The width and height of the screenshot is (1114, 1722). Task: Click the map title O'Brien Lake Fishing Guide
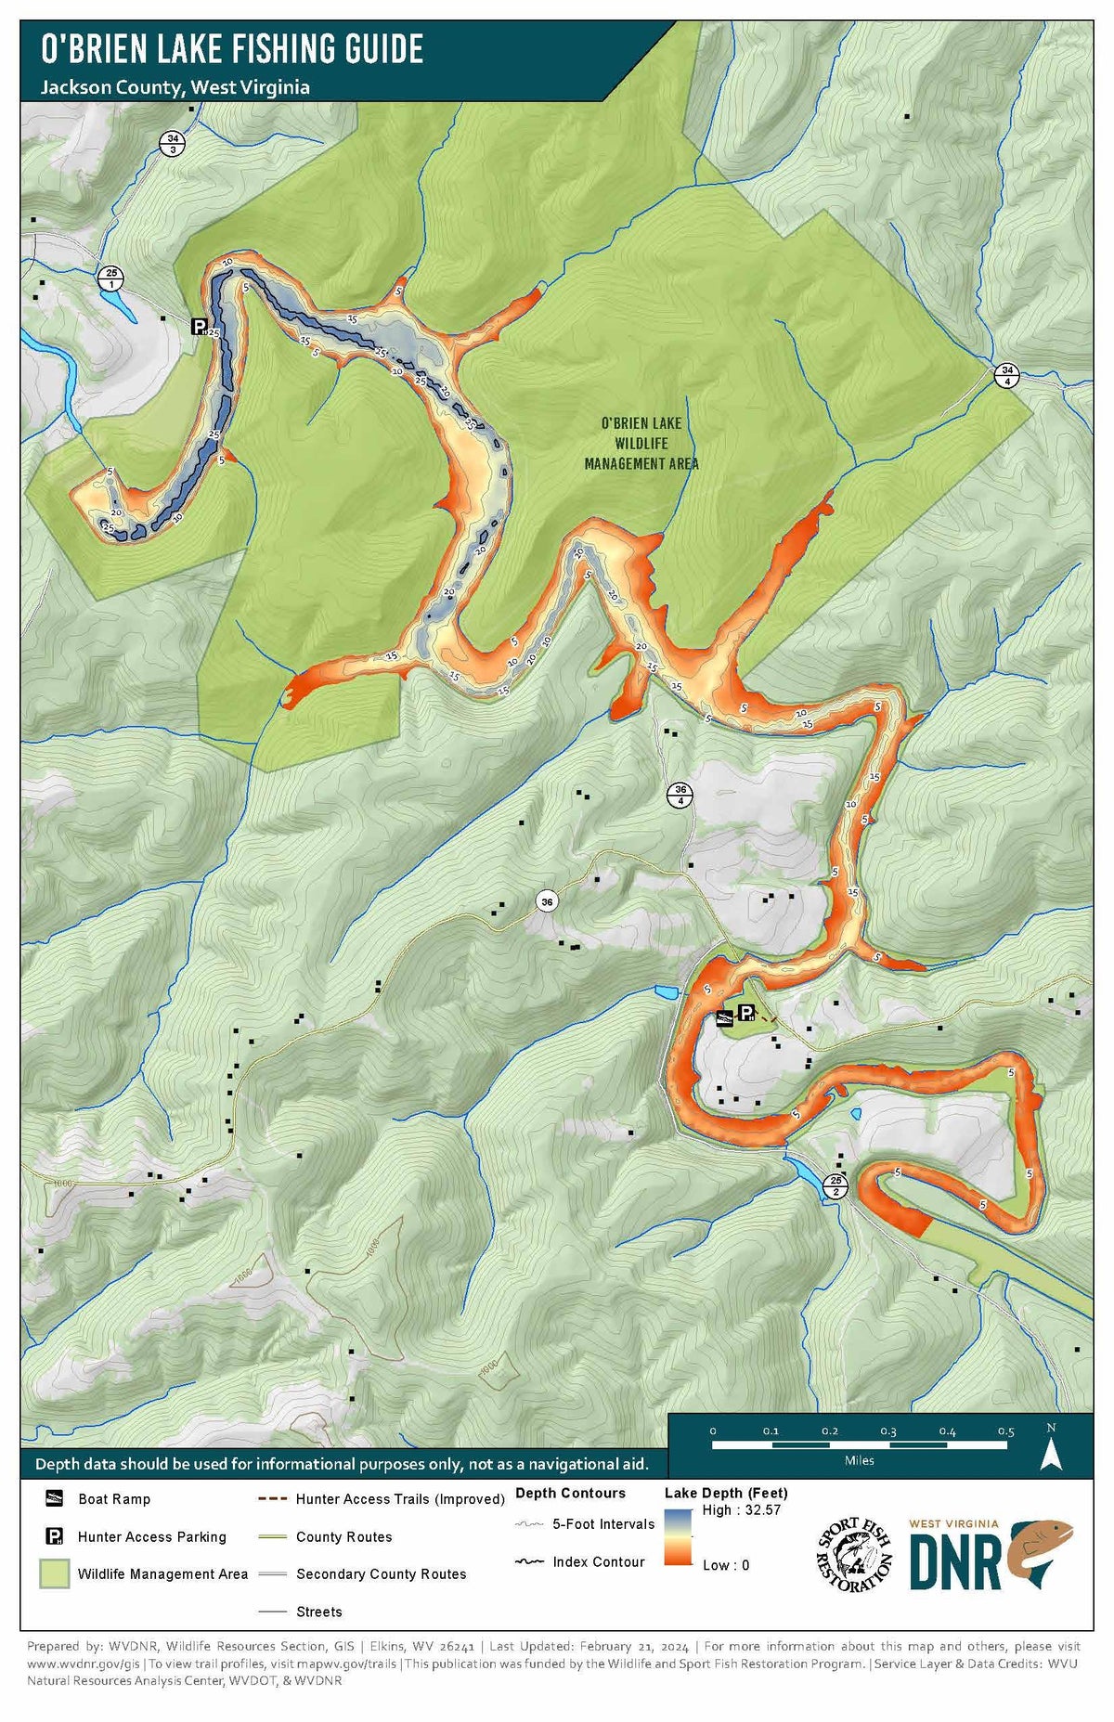click(232, 48)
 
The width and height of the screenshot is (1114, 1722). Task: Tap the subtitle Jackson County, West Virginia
click(175, 87)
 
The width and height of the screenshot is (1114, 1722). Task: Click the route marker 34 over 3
click(173, 144)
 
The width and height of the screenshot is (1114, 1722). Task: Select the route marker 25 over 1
click(111, 278)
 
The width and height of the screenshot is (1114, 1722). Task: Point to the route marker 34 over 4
click(1007, 375)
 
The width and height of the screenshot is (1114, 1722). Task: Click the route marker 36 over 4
click(680, 796)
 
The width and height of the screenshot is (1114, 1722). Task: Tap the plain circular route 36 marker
click(547, 901)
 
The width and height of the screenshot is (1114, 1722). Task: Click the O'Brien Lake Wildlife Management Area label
click(641, 443)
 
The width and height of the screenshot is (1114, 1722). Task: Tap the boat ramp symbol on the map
click(724, 1018)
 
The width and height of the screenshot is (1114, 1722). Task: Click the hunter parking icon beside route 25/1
click(199, 326)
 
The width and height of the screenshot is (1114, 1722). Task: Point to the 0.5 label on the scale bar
click(1005, 1431)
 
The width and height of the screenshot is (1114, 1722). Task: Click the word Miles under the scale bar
click(859, 1460)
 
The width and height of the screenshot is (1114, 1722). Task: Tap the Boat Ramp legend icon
click(55, 1498)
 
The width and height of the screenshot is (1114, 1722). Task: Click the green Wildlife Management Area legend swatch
click(54, 1573)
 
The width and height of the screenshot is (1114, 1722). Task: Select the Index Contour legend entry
click(580, 1562)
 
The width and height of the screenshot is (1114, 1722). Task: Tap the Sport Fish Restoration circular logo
click(854, 1556)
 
